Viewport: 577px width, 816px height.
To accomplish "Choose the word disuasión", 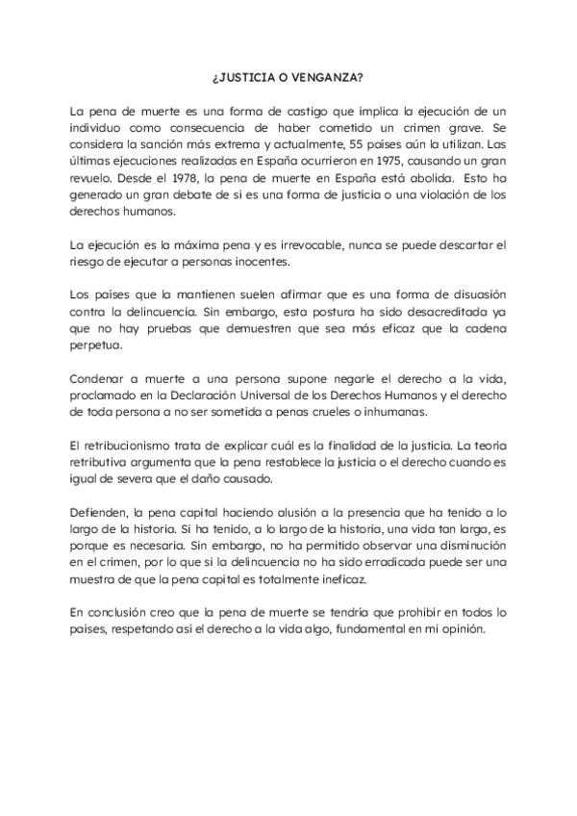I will [x=466, y=293].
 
